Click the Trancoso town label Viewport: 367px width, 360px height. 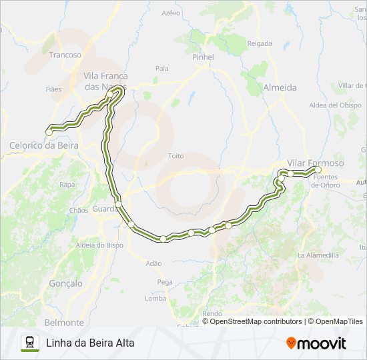[x=65, y=55]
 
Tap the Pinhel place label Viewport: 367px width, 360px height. [x=203, y=57]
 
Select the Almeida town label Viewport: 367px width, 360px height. [x=280, y=87]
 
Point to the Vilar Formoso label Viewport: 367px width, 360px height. [x=316, y=163]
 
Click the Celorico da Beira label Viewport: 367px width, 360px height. [x=43, y=145]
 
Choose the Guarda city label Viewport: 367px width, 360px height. [x=105, y=209]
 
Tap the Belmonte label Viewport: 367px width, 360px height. [x=64, y=322]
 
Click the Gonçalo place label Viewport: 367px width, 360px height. [x=65, y=283]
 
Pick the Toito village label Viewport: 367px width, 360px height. [x=175, y=155]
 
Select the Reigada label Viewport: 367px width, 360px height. [x=260, y=43]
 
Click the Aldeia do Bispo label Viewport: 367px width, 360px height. [x=99, y=245]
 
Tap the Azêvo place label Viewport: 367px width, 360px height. [x=171, y=13]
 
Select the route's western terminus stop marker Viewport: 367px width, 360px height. [x=49, y=132]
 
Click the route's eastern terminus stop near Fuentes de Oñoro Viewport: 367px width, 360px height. [x=318, y=170]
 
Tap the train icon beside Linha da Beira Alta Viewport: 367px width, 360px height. [x=29, y=343]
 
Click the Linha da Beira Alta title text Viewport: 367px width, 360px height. [x=90, y=343]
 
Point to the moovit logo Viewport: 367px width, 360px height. [x=316, y=343]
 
